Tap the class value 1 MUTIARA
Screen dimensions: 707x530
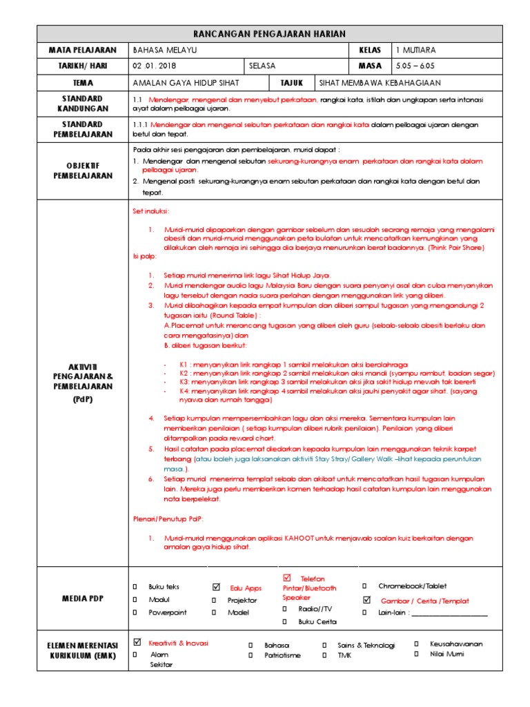point(416,50)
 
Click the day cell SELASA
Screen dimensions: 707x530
point(263,66)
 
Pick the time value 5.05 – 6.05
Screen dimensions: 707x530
point(415,66)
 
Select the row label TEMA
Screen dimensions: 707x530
point(84,82)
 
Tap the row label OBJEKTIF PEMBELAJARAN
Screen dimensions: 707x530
point(84,171)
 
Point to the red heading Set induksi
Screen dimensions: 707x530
point(150,211)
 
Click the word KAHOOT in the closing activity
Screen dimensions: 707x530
point(299,538)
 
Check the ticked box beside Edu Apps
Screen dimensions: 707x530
point(217,587)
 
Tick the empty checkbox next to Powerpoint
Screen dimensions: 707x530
point(135,612)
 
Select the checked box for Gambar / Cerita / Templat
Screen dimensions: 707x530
point(366,599)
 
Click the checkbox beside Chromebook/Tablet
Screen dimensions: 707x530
point(366,586)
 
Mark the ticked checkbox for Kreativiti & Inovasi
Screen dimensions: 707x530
point(137,642)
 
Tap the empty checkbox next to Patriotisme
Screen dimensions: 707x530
point(250,655)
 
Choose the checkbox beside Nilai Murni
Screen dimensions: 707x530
point(416,654)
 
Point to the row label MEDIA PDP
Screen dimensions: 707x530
point(84,599)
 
